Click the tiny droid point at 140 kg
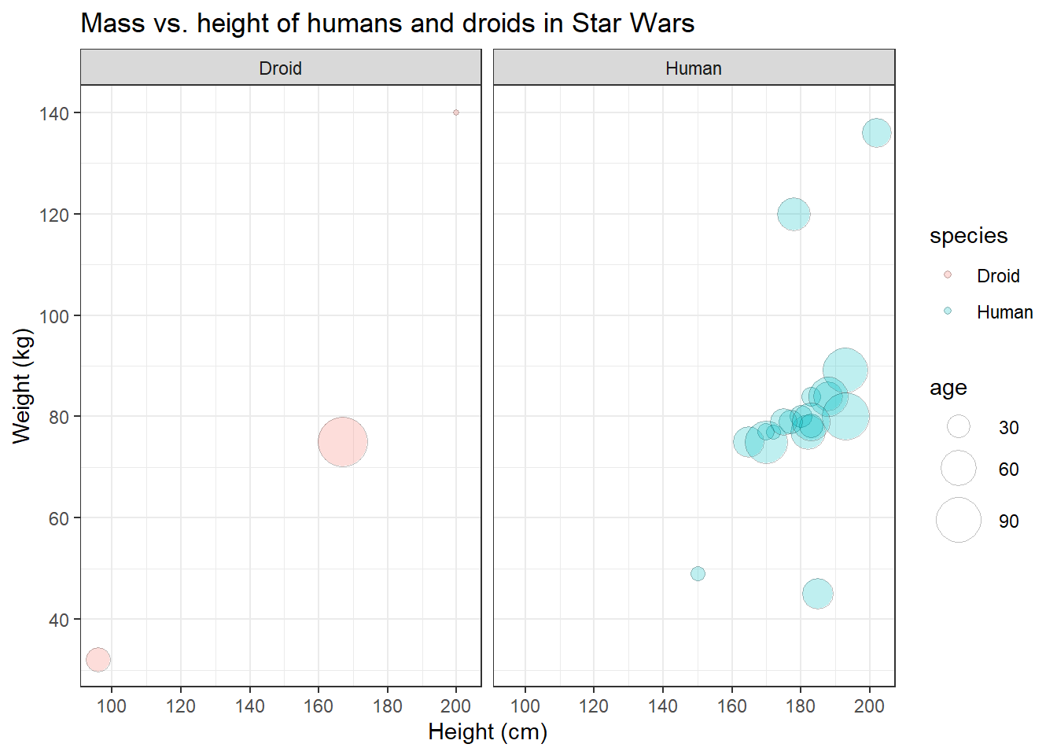point(456,112)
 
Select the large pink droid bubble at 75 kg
point(343,442)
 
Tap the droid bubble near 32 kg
point(98,660)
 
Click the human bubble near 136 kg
point(877,133)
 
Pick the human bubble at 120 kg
point(794,214)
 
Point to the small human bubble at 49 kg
point(698,574)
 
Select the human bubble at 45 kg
point(818,594)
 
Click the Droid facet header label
point(281,68)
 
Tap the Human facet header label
point(694,68)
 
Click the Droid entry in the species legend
point(997,276)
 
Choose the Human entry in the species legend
point(1004,312)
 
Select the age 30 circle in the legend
point(959,427)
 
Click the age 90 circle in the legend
point(959,521)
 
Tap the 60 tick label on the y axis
point(59,518)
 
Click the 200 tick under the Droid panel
point(456,706)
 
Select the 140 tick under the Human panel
point(663,706)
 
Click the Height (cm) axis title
point(488,732)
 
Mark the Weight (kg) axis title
point(22,386)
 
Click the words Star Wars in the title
point(633,24)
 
